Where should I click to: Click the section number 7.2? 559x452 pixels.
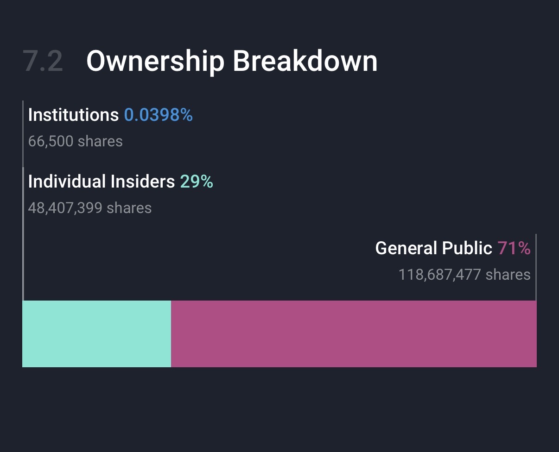(43, 61)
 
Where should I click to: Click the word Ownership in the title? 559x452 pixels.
(155, 61)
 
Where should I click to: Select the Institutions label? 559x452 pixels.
(73, 115)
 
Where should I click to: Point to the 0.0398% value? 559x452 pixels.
(158, 115)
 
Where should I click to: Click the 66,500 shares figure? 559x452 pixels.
(51, 141)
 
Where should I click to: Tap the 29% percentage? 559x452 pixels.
(197, 182)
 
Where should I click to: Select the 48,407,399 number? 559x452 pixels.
(65, 208)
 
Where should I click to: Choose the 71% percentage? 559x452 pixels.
(514, 248)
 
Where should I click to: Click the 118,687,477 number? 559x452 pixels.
(439, 275)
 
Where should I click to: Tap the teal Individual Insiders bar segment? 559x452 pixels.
(96, 333)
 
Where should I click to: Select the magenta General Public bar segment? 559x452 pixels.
(354, 333)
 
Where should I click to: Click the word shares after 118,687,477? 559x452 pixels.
(508, 275)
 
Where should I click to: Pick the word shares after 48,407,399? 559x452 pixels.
(129, 208)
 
